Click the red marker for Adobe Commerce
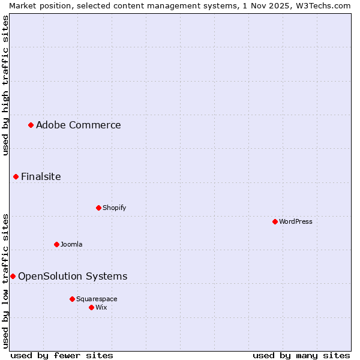point(31,125)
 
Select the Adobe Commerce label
point(78,125)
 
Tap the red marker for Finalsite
point(16,176)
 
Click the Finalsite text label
point(41,177)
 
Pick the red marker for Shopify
point(98,208)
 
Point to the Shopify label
point(114,208)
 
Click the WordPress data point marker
point(275,221)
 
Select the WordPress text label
point(295,222)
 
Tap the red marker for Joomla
point(56,244)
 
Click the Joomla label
point(71,245)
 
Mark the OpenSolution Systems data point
point(13,276)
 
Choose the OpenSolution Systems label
point(73,277)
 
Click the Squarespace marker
point(72,299)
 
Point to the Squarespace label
point(97,299)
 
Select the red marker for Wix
point(91,307)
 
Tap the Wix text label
point(101,308)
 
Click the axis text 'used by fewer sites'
point(62,355)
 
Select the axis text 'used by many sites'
point(301,355)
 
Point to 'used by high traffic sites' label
point(5,85)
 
